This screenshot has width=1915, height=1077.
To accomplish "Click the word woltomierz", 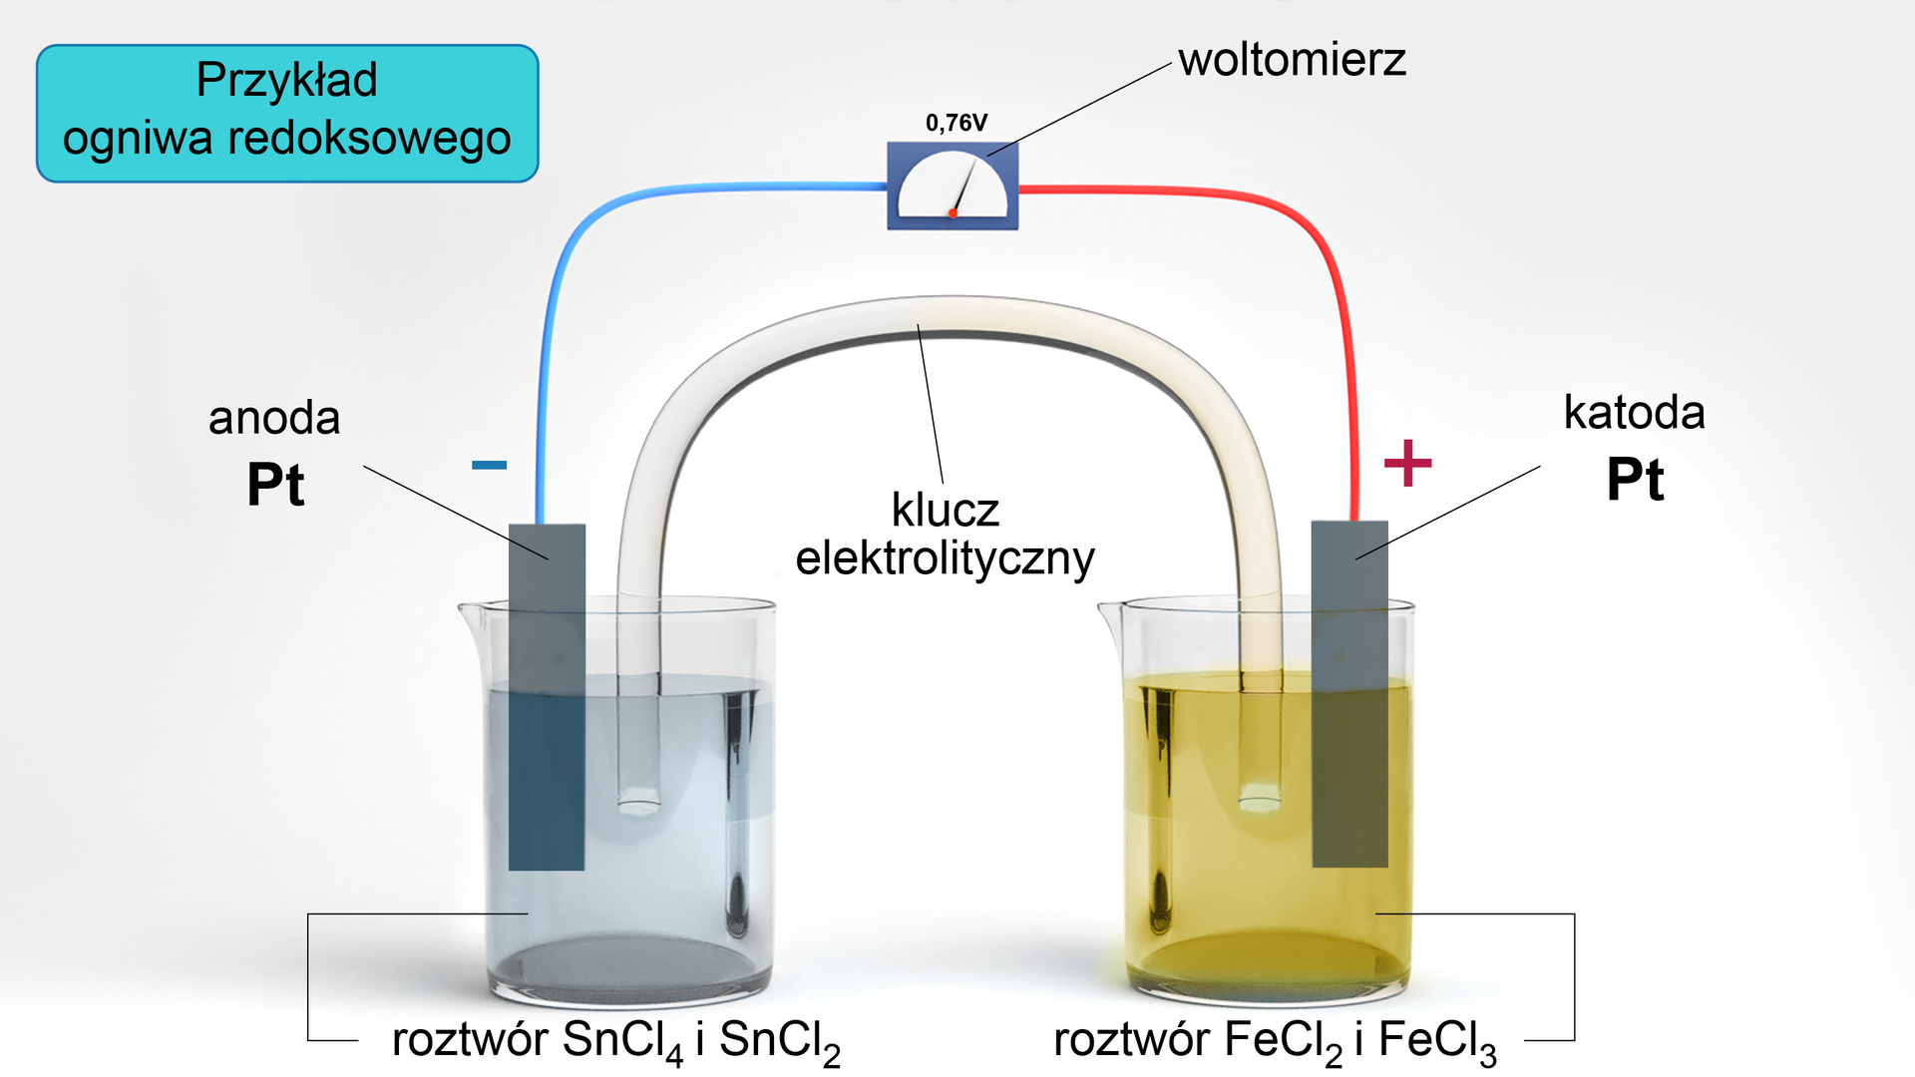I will point(1292,60).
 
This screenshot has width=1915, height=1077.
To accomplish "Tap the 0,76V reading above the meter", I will point(956,123).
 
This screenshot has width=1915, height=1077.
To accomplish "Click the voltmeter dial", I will point(953,186).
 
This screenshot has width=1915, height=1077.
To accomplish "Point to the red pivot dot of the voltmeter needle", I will point(954,212).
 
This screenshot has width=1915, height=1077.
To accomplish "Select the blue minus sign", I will point(489,465).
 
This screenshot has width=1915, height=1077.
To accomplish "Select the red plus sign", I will point(1407,463).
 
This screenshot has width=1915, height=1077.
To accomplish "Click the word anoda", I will point(274,418).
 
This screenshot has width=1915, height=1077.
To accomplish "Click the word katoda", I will point(1634,413).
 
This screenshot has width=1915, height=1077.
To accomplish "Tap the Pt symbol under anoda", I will point(275,486).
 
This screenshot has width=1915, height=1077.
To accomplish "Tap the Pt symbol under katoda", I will point(1635,480).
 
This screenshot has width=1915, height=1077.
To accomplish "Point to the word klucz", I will point(945,511).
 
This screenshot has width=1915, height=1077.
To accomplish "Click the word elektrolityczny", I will point(945,558).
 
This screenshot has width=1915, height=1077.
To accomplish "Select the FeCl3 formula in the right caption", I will point(1437,1041).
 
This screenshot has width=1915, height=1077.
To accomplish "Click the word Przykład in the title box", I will point(286,81).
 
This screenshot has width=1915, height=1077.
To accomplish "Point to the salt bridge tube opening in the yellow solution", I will point(1260,797).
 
